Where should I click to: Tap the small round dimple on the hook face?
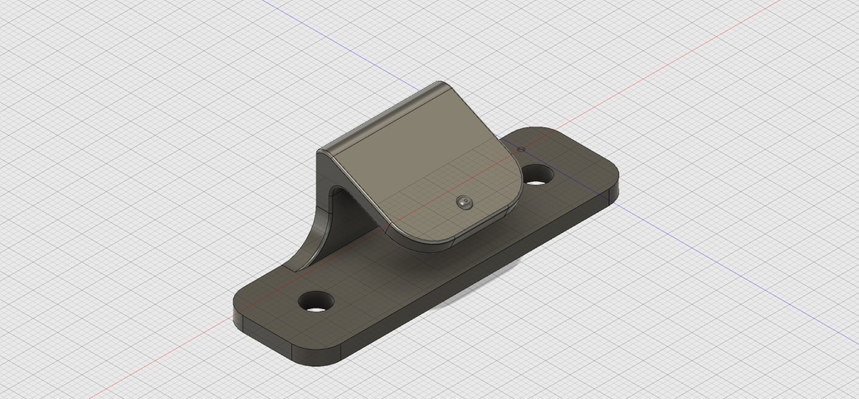(463, 202)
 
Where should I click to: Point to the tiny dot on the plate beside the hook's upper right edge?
(520, 149)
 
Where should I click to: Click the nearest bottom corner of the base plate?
(319, 363)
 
